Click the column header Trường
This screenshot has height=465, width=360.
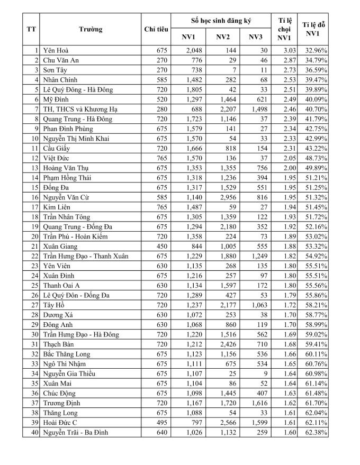tap(91, 29)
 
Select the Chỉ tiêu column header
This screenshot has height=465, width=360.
tap(156, 29)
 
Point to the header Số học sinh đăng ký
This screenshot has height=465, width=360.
tap(221, 21)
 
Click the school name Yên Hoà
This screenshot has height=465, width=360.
tap(58, 50)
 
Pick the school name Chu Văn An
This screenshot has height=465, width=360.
tap(63, 60)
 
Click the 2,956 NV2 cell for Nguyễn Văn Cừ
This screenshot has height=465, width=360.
tap(222, 197)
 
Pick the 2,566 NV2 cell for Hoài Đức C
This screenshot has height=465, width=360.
tap(222, 423)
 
